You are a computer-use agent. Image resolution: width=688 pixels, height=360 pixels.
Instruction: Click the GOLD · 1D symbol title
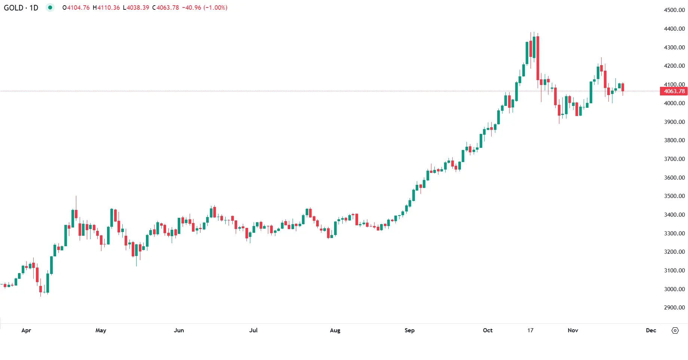pos(21,8)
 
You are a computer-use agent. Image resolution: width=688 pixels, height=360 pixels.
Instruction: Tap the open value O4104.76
pos(76,8)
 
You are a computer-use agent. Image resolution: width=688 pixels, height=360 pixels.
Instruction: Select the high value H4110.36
pos(106,8)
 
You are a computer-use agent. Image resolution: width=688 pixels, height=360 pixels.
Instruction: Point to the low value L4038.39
pos(136,8)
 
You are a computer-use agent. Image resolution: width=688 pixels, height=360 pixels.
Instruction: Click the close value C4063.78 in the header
pos(165,8)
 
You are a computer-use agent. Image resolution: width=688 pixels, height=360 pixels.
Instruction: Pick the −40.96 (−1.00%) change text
pos(205,8)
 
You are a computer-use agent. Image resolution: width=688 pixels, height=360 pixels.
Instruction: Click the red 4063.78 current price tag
pos(674,91)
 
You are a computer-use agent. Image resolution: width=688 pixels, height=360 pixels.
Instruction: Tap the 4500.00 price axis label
pos(674,10)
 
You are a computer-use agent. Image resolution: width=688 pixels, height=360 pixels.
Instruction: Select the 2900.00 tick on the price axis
pos(674,308)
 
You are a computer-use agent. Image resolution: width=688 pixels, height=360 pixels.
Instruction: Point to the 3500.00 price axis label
pos(674,196)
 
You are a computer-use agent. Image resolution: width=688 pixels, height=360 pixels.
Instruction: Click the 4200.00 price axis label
pos(674,66)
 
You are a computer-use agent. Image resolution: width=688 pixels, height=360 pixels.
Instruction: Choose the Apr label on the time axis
pos(26,330)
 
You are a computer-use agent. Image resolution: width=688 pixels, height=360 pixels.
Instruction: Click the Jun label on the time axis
pos(179,330)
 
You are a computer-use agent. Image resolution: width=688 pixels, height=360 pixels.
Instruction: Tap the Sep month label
pos(409,330)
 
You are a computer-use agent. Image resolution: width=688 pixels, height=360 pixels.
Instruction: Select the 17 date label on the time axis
pos(530,330)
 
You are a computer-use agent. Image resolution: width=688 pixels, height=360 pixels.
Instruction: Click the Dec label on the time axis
pos(651,330)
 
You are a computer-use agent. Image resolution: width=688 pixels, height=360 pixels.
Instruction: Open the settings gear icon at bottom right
pos(675,330)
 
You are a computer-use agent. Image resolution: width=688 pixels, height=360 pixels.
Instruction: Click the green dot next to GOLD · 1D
pos(50,7)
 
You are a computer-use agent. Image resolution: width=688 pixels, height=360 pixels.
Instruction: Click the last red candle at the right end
pos(623,88)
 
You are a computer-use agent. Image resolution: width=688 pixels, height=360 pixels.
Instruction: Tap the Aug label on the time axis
pos(335,330)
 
